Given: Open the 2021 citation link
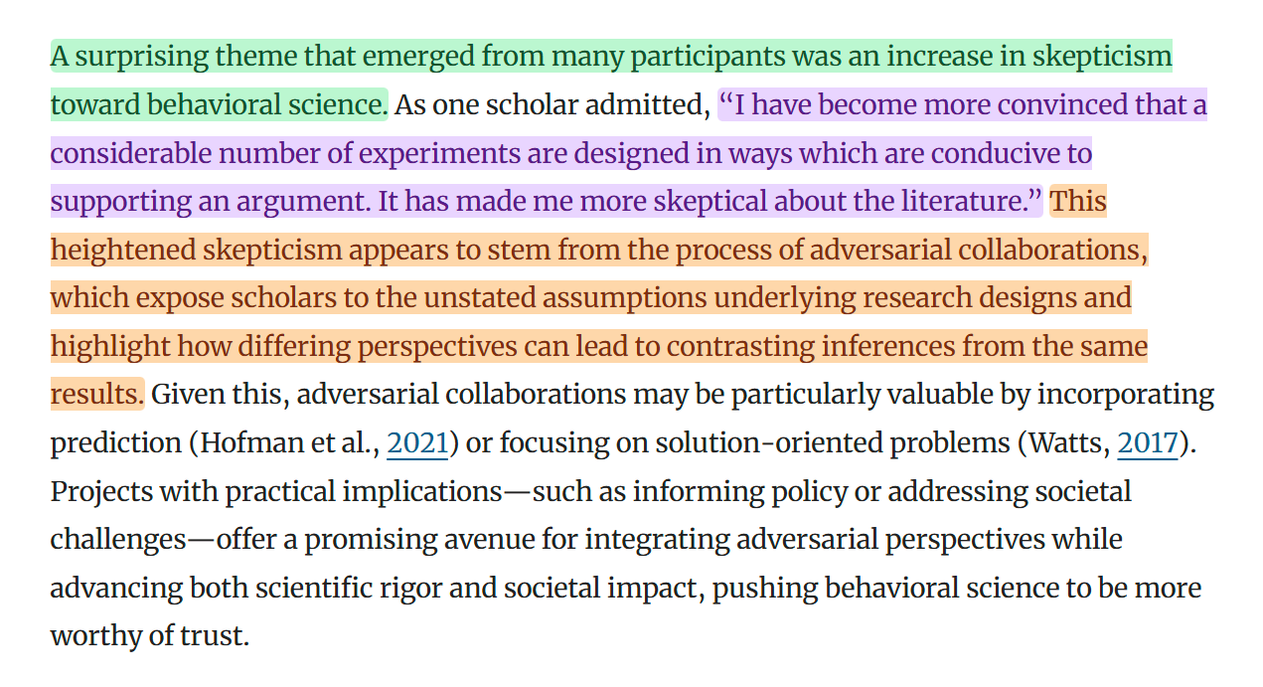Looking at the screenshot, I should [417, 443].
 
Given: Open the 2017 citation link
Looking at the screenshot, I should [1148, 443].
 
